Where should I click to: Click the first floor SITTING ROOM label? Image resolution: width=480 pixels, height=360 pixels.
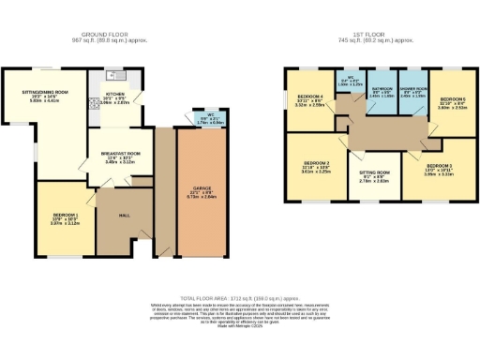(x=373, y=176)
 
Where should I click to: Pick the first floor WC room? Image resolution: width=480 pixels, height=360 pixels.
(x=350, y=81)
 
